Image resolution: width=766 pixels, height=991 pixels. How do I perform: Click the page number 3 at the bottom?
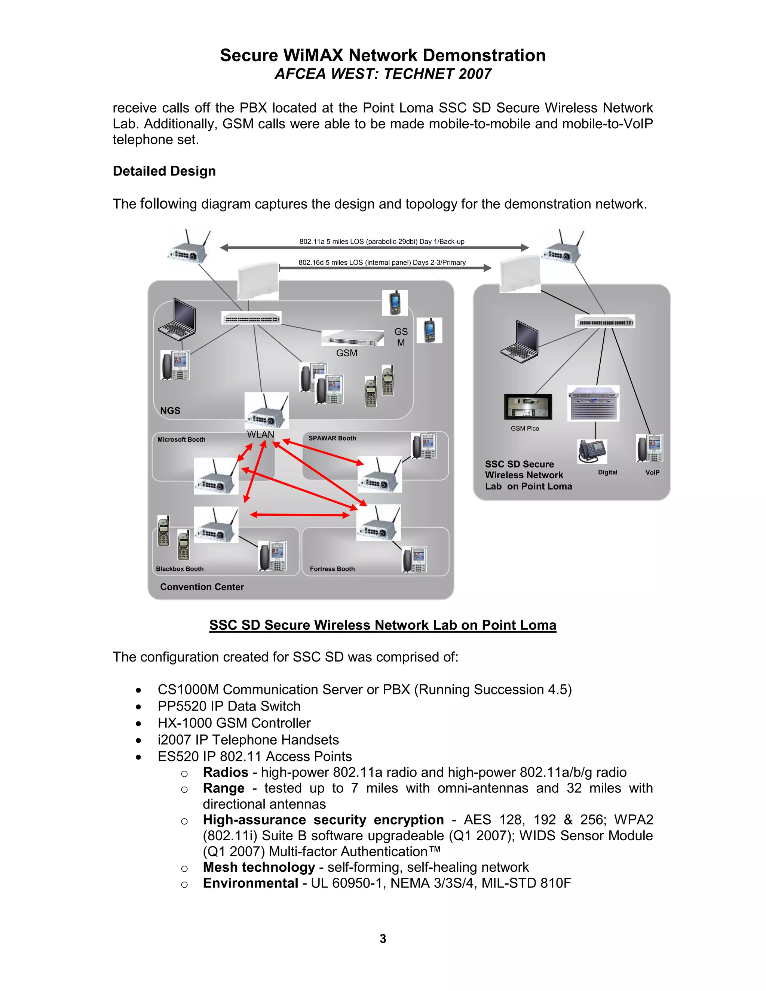coord(383,938)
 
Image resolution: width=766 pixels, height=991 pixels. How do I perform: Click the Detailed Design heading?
coord(164,171)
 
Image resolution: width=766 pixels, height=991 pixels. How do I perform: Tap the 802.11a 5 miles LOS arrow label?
coord(382,242)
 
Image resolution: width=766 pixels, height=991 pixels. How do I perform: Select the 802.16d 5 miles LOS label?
coord(382,262)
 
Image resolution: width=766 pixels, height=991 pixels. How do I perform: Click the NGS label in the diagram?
coord(170,411)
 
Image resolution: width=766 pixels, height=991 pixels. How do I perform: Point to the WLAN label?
coord(260,434)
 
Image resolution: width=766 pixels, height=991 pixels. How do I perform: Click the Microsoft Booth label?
coord(181,439)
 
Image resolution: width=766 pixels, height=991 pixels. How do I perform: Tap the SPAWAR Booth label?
coord(332,438)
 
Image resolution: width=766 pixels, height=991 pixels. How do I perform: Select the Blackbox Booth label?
coord(180,568)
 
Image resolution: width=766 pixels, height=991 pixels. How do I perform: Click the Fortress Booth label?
coord(332,568)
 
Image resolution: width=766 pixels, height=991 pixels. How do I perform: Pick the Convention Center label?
coord(202,587)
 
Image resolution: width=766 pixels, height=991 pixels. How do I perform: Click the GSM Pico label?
coord(525,428)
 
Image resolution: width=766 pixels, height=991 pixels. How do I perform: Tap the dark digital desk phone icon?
coord(592,451)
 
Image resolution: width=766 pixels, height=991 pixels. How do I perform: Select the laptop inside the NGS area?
coord(177,319)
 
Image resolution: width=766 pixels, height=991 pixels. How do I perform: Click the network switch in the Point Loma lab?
coord(605,322)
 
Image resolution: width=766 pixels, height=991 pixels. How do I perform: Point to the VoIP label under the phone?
coord(652,472)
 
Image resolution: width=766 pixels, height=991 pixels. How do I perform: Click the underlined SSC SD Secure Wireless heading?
coord(383,625)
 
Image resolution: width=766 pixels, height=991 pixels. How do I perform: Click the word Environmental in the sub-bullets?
coord(250,883)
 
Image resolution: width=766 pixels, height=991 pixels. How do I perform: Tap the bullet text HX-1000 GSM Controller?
coord(234,723)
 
